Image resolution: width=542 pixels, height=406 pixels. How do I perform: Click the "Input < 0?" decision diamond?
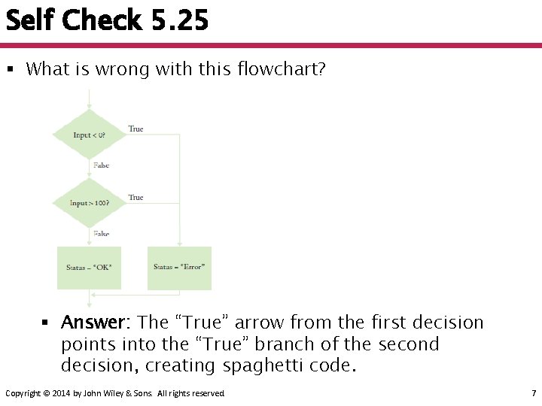click(x=89, y=135)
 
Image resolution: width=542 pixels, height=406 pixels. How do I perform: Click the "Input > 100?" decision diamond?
click(x=89, y=203)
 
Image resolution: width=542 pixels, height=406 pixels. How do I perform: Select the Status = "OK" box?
click(x=89, y=268)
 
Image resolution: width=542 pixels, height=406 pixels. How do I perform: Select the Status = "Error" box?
click(x=179, y=268)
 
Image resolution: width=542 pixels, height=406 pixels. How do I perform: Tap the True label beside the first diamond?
click(x=135, y=129)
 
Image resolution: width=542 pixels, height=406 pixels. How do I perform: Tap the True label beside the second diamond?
click(x=135, y=197)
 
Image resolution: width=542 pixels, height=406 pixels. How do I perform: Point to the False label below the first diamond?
click(x=101, y=165)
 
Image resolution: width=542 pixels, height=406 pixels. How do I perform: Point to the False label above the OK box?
click(x=101, y=234)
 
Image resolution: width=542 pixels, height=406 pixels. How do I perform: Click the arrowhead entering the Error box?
click(x=179, y=243)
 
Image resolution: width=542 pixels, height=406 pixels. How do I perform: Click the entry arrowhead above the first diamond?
click(x=89, y=105)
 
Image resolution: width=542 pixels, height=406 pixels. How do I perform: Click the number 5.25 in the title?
click(x=179, y=20)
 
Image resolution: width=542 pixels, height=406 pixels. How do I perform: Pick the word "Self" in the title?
click(x=31, y=20)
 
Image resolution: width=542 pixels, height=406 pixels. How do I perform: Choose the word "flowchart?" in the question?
click(x=280, y=69)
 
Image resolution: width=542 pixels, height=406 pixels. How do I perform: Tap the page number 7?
click(x=533, y=393)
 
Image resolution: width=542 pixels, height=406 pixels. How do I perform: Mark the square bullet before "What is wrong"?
click(x=11, y=70)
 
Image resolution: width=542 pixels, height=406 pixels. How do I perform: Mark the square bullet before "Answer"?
click(x=45, y=323)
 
